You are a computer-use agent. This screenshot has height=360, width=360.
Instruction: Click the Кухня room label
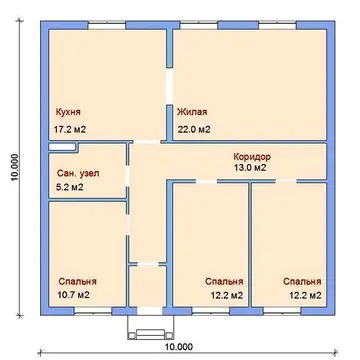(x=68, y=112)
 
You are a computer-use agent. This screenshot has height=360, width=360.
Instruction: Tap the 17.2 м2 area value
(x=70, y=129)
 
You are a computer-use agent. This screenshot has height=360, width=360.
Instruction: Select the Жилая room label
(x=192, y=112)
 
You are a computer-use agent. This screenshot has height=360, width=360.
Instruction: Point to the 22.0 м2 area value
(x=194, y=129)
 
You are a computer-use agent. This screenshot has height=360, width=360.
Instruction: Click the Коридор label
(x=252, y=156)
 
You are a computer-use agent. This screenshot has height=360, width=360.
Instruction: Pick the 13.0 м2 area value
(x=250, y=168)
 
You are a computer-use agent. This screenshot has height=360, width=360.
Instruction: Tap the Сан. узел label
(x=78, y=174)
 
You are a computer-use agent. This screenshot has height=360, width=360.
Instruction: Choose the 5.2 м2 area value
(x=70, y=187)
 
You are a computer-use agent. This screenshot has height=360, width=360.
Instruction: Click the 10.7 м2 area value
(x=74, y=295)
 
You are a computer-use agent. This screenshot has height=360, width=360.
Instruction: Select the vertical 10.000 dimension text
(x=15, y=168)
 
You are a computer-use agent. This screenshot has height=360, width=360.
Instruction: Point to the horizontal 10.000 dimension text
(x=178, y=347)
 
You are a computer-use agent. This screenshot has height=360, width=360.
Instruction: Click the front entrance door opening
(x=150, y=311)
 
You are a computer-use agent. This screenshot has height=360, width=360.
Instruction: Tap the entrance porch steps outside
(x=151, y=334)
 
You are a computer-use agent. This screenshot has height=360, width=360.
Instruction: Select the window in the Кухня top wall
(x=107, y=26)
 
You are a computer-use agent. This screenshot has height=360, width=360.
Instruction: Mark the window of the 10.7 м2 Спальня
(x=93, y=311)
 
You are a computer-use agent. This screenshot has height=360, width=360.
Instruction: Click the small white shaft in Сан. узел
(x=62, y=147)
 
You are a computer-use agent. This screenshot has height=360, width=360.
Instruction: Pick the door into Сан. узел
(x=128, y=176)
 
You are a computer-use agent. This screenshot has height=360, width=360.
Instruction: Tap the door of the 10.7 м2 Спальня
(x=128, y=224)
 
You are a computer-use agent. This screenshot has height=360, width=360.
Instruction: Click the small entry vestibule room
(x=148, y=286)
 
